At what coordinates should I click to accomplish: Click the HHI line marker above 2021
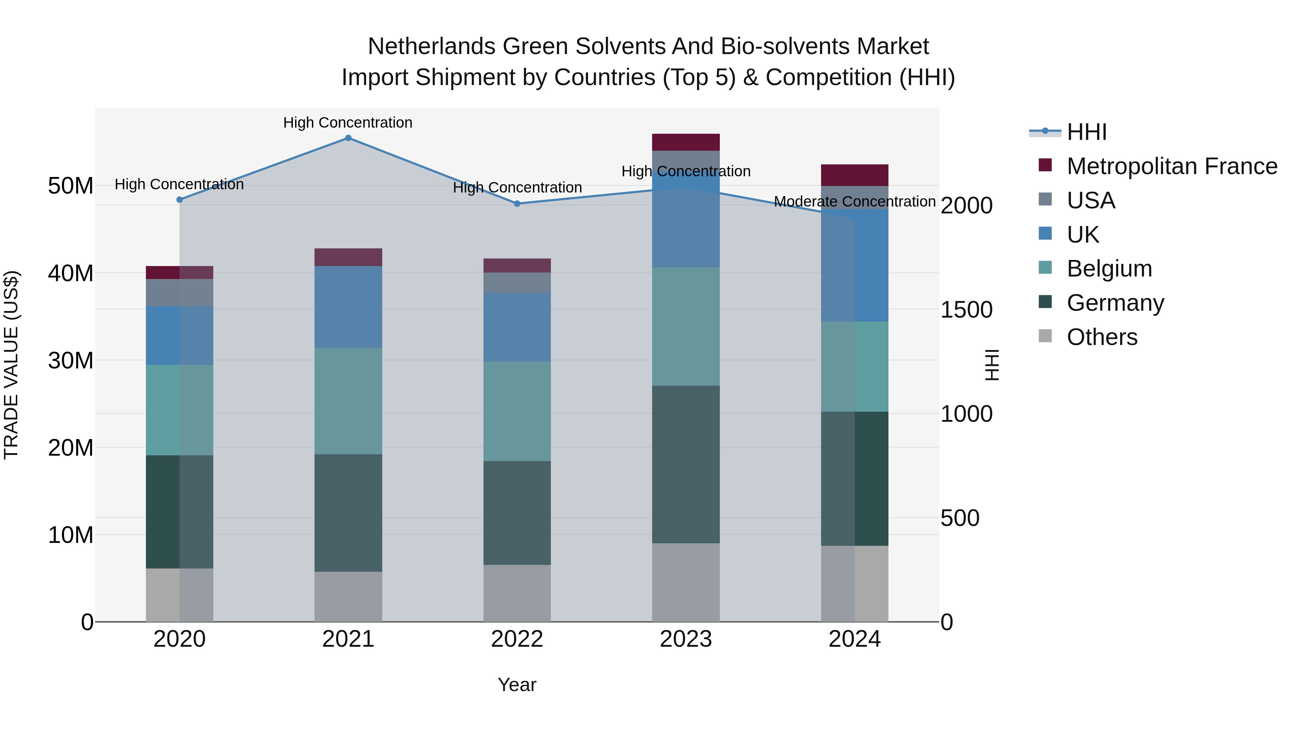pyautogui.click(x=348, y=138)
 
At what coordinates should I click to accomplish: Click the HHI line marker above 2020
pyautogui.click(x=180, y=199)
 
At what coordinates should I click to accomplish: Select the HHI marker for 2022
pyautogui.click(x=517, y=204)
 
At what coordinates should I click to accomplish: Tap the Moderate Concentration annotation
pyautogui.click(x=855, y=202)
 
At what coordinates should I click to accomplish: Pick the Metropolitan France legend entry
pyautogui.click(x=1171, y=166)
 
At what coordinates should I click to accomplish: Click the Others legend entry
pyautogui.click(x=1102, y=337)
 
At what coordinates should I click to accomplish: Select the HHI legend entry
pyautogui.click(x=1087, y=132)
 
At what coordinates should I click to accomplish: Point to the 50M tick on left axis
pyautogui.click(x=71, y=186)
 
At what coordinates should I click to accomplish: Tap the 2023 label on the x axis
pyautogui.click(x=686, y=639)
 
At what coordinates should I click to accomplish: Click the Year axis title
pyautogui.click(x=517, y=685)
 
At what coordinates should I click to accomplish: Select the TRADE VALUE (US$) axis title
pyautogui.click(x=11, y=365)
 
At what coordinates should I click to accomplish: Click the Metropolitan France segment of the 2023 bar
pyautogui.click(x=686, y=142)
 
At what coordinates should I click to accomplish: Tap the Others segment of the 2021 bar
pyautogui.click(x=348, y=597)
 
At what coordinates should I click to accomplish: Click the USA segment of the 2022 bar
pyautogui.click(x=517, y=283)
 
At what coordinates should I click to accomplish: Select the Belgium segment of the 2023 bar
pyautogui.click(x=686, y=327)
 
